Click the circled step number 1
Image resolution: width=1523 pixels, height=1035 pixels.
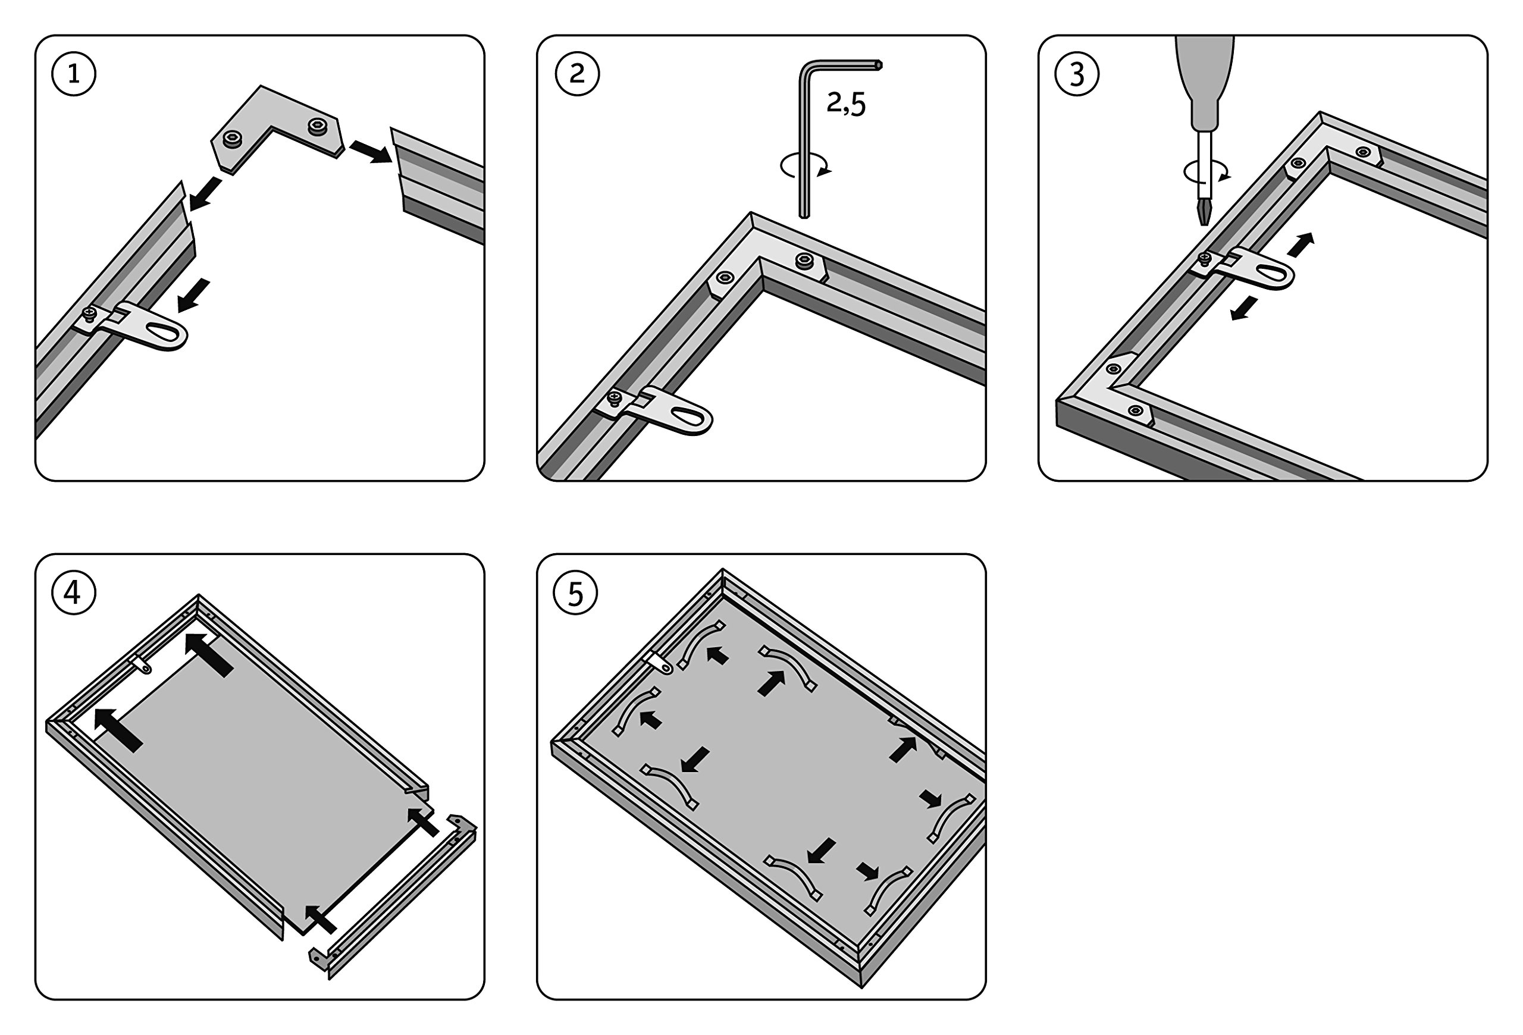coord(73,74)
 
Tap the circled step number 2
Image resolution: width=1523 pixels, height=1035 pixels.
coord(576,74)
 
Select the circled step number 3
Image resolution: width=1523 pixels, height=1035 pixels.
coord(1077,74)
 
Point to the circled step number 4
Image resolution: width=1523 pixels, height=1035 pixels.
coord(73,593)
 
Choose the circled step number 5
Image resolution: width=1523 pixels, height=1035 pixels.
coord(575,593)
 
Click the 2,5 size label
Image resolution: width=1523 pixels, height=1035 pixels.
coord(846,103)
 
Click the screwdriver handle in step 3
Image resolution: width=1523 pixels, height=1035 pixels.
coord(1205,79)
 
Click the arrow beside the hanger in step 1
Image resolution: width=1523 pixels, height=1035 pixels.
coord(194,295)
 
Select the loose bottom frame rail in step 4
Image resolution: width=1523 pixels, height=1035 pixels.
coord(400,898)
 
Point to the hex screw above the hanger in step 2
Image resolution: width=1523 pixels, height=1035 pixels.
coord(724,278)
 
